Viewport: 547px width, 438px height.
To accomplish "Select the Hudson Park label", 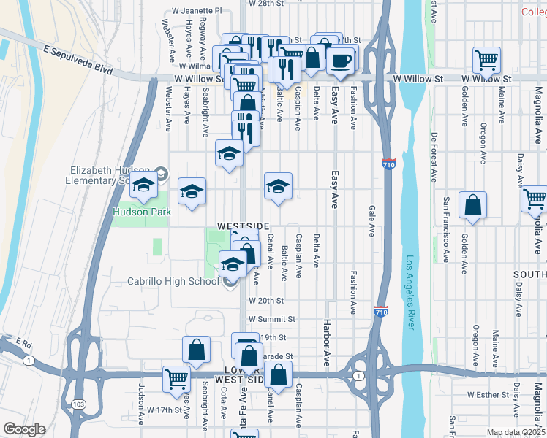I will [x=141, y=212].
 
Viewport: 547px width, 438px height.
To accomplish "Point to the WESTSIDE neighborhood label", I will [x=243, y=226].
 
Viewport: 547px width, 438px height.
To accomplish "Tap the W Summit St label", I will [x=271, y=319].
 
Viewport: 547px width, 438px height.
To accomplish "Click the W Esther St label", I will [x=488, y=394].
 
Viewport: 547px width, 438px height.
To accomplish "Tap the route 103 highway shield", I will [x=78, y=404].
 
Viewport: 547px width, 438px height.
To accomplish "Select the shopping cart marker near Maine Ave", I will [x=486, y=59].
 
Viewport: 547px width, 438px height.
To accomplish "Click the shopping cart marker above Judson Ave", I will [x=176, y=377].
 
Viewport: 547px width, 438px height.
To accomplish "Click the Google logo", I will [x=23, y=429].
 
